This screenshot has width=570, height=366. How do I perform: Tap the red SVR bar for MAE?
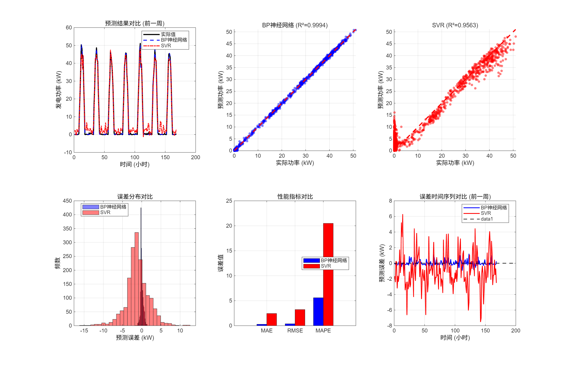271,319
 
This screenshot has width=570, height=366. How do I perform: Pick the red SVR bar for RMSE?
300,317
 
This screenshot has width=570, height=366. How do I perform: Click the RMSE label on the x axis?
295,331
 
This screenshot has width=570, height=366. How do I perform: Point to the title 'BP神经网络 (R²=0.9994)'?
295,25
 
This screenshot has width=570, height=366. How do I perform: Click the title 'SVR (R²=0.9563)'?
455,25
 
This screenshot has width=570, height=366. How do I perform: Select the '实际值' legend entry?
168,34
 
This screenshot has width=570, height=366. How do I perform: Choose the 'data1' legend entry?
487,219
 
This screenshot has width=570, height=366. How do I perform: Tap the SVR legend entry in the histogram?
105,213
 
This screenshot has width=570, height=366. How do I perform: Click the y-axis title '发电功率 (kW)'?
59,90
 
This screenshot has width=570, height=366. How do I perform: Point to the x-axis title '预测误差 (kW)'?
135,338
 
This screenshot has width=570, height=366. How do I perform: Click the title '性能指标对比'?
295,197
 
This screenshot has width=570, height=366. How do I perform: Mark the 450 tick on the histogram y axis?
67,201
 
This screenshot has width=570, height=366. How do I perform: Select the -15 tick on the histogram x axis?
84,331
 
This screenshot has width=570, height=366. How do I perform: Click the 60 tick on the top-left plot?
69,28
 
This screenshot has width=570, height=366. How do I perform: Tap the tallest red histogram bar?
137,278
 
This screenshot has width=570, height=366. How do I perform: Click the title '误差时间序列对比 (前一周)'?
455,197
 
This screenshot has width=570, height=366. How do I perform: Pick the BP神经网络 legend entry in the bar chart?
334,261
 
